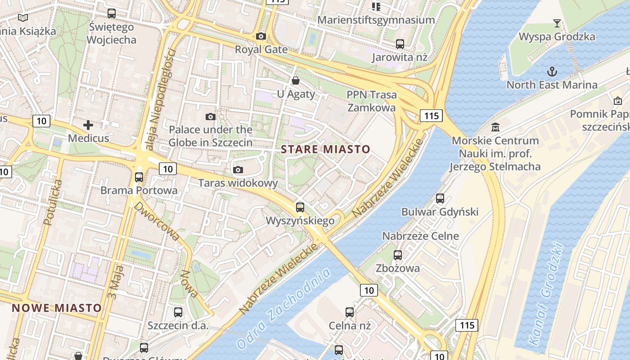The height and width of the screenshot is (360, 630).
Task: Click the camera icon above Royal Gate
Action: pos(261,36)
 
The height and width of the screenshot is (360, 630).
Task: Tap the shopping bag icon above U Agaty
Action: pos(296,81)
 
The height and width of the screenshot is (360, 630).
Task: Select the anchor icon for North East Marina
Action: pos(552,71)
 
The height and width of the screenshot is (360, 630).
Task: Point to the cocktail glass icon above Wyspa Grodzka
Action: pos(557,23)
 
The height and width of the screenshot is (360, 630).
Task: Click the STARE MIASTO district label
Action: pos(325,149)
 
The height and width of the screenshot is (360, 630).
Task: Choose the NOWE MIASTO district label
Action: pos(57,308)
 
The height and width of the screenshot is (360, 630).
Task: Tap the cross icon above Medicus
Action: pos(88,125)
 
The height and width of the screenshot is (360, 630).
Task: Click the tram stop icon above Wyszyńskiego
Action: pos(300,207)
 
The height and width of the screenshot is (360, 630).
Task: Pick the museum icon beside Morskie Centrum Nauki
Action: pos(495,127)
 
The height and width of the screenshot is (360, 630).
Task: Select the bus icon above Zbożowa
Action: pos(398,255)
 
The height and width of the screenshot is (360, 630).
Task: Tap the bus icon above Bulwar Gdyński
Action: pos(440,198)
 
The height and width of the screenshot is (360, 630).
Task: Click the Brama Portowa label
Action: pos(139,190)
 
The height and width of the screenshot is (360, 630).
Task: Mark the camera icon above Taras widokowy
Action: pos(238,170)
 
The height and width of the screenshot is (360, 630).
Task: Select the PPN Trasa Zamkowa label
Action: pos(372,101)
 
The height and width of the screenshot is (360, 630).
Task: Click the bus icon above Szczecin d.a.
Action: pos(178,312)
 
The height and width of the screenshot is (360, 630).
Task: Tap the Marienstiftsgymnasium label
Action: pos(376,20)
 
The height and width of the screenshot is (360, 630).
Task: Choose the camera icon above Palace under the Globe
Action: pos(210,117)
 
